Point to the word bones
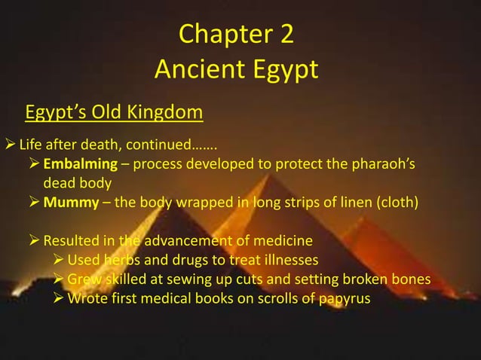click(411, 280)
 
